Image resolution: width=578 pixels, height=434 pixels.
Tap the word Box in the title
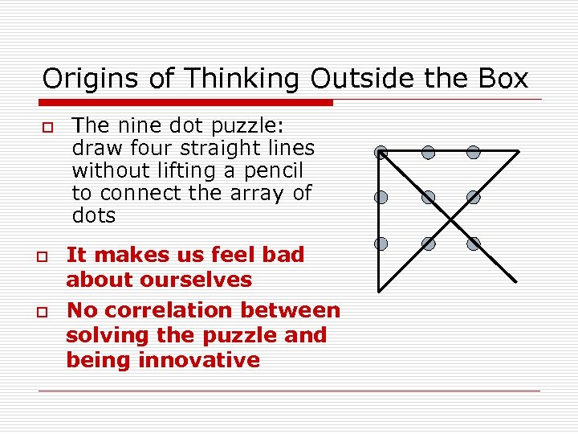[x=503, y=79]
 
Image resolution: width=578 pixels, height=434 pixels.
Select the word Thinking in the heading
[x=242, y=79]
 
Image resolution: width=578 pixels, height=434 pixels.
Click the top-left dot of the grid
[x=381, y=152]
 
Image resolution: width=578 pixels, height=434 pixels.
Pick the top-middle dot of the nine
[x=429, y=152]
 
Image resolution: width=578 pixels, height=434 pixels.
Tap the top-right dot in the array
[x=474, y=152]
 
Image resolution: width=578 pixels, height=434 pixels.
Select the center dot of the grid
[x=429, y=197]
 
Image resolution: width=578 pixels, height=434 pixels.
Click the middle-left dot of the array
[x=381, y=197]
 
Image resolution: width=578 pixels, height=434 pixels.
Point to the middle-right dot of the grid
[x=474, y=197]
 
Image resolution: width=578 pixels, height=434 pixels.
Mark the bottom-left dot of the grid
[x=381, y=243]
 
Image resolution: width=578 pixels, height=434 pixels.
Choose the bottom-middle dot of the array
[x=429, y=243]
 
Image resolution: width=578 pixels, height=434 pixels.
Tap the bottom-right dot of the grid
[x=474, y=243]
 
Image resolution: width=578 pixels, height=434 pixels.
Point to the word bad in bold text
[x=283, y=255]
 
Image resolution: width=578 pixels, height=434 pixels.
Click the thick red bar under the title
[x=185, y=103]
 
